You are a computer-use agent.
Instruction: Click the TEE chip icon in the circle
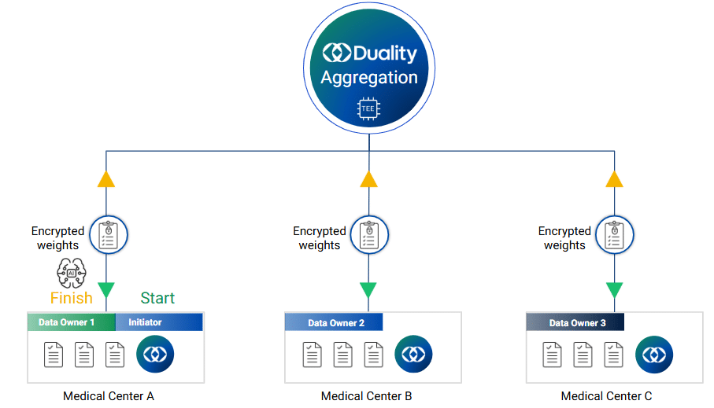pos(368,108)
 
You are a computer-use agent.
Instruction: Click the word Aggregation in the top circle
pos(368,78)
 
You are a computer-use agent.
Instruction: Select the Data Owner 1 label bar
pos(71,322)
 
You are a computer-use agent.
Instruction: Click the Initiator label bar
pos(158,322)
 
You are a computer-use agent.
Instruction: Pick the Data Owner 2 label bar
pos(334,323)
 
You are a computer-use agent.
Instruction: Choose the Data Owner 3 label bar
pos(575,323)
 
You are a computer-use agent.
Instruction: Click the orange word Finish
pos(72,298)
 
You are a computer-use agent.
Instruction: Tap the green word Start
pos(157,298)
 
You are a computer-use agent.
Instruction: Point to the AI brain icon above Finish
pos(71,272)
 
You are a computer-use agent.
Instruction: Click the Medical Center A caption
pos(109,396)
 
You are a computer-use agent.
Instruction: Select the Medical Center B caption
pos(366,396)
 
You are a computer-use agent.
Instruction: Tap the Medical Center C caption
pos(606,396)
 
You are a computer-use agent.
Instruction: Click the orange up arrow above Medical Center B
pos(368,178)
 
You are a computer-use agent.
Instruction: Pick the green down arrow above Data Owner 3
pos(615,290)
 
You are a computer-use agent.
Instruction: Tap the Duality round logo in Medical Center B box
pos(413,355)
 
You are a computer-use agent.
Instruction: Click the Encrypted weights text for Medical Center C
pos(564,238)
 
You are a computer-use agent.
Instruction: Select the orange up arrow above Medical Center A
pos(106,178)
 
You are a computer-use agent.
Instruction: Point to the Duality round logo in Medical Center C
pos(654,355)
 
